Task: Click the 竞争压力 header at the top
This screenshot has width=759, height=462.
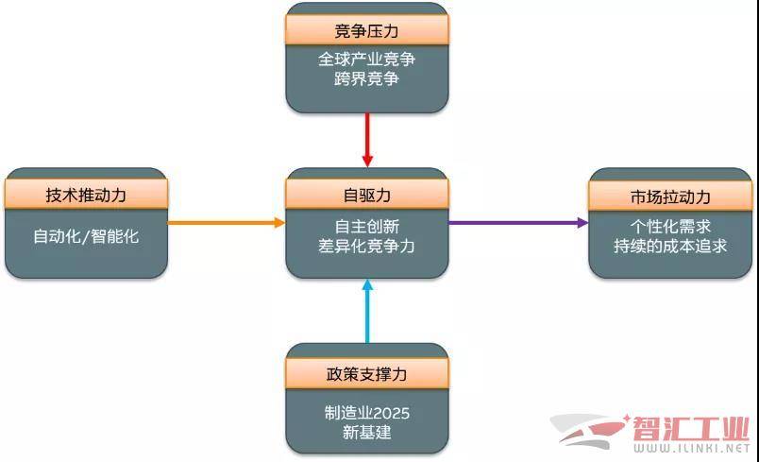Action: click(366, 29)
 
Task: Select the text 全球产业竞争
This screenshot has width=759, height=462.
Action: click(366, 60)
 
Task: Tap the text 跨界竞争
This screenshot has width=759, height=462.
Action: click(366, 79)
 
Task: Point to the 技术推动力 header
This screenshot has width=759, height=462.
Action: click(86, 195)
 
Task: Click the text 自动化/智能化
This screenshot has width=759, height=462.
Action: click(86, 236)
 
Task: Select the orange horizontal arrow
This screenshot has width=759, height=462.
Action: click(227, 223)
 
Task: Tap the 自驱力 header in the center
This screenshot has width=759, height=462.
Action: click(366, 195)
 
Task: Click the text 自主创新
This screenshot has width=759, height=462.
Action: click(366, 226)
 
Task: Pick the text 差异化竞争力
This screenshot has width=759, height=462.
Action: click(366, 247)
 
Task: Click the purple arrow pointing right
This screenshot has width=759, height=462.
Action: click(517, 223)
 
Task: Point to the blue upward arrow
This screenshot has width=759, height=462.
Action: click(367, 312)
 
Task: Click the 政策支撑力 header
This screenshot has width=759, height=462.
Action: click(366, 373)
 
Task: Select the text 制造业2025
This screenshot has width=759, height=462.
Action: click(366, 413)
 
